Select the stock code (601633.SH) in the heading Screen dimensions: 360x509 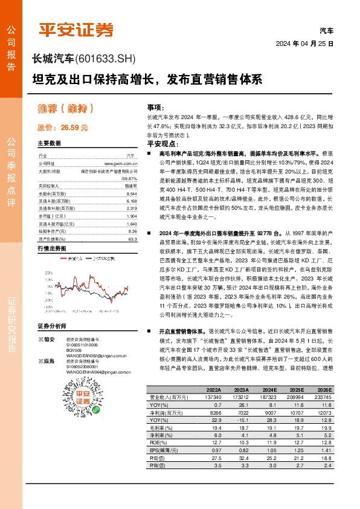pos(106,59)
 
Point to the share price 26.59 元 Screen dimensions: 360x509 pos(73,128)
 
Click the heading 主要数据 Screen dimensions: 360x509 pos(50,143)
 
